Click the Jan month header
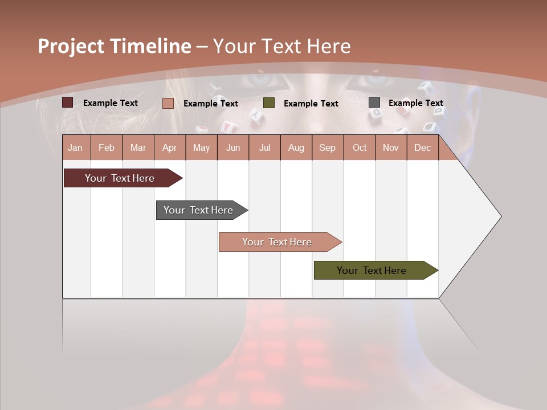tap(75, 147)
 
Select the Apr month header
tap(169, 147)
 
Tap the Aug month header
tap(296, 147)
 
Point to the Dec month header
tap(422, 147)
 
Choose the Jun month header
tap(232, 147)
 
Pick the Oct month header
tap(360, 147)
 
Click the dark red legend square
tap(67, 102)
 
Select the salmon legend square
tap(168, 103)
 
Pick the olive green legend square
tap(269, 102)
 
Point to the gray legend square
tap(374, 102)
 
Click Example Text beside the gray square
tap(415, 103)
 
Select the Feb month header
tap(107, 147)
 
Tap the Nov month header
tap(390, 147)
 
